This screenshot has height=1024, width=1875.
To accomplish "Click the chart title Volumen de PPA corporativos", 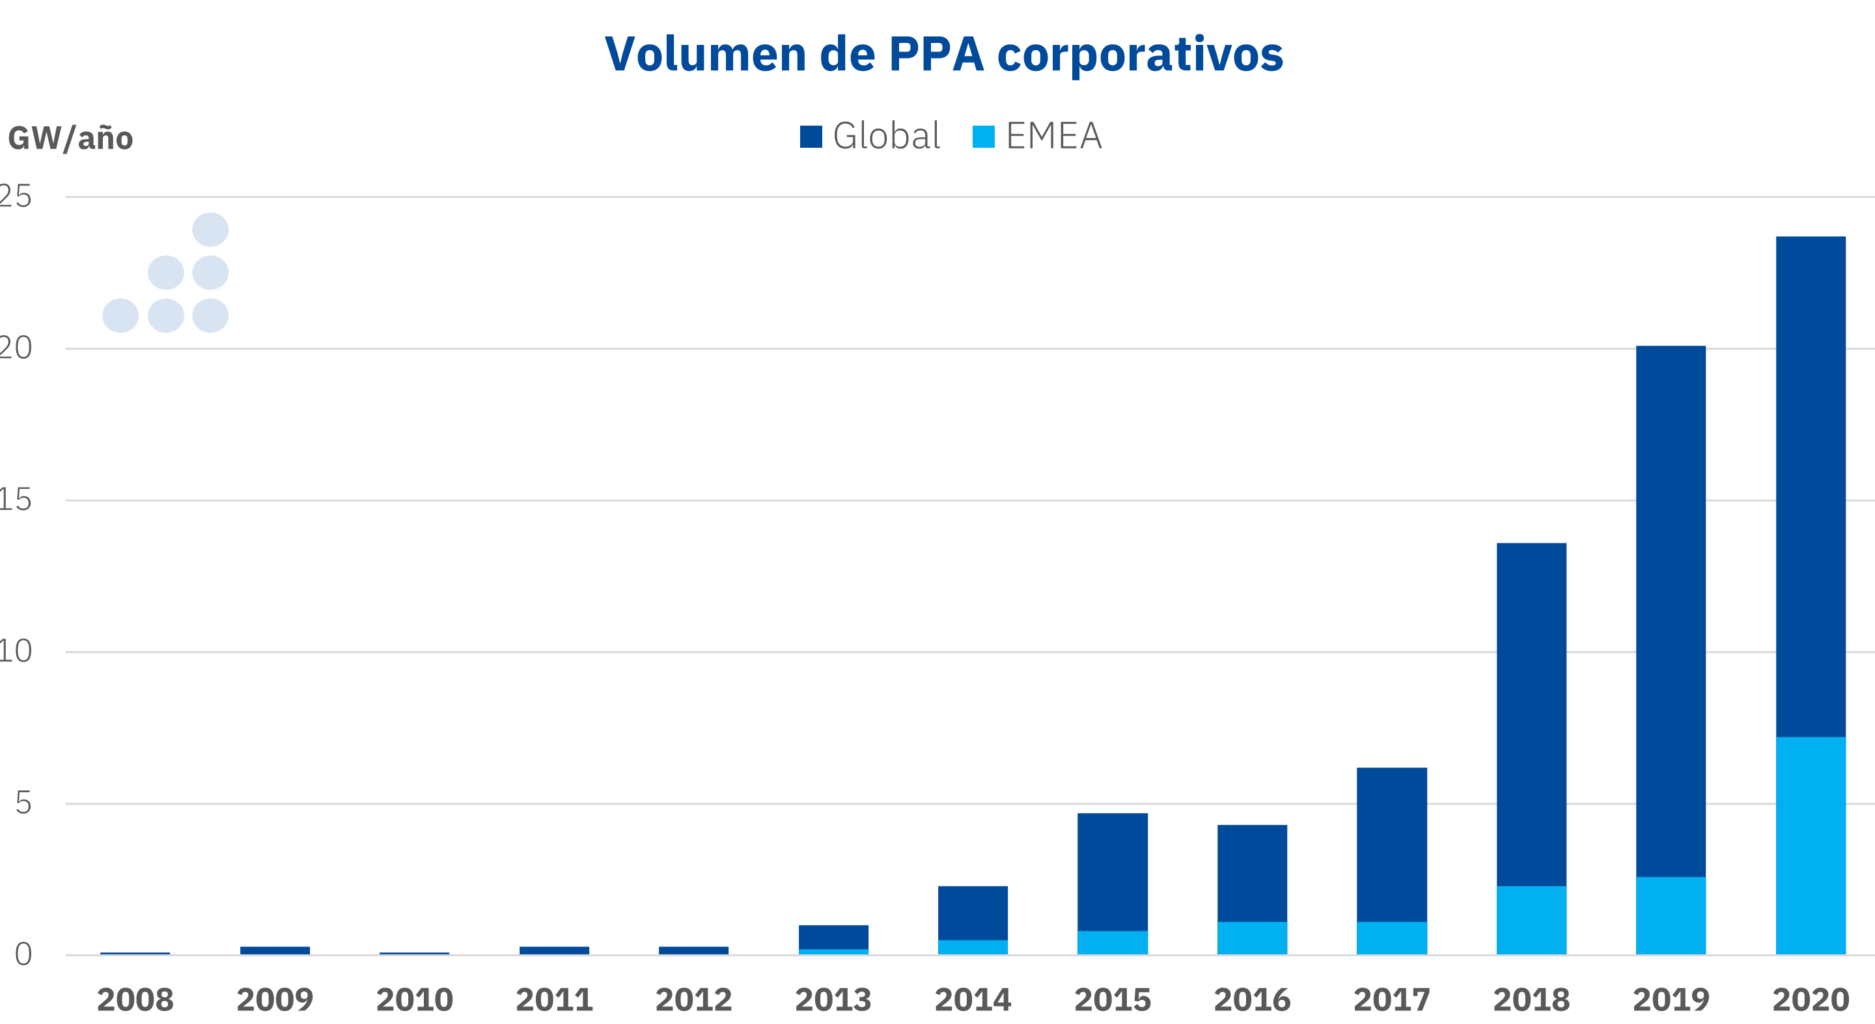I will pos(943,55).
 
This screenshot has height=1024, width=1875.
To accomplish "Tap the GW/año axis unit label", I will pos(70,138).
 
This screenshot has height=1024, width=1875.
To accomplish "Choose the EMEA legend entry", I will pos(1037,136).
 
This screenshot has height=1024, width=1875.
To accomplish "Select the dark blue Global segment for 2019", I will pos(1671,611).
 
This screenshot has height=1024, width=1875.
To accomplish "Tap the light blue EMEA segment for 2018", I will pos(1531,920).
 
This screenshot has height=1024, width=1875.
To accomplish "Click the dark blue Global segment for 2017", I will pos(1391,844).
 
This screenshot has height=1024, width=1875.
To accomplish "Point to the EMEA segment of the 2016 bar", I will pos(1252,938).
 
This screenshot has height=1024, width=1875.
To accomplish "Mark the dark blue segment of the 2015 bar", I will pos(1112,872).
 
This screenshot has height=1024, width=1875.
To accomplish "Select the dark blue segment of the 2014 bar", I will pos(973,913).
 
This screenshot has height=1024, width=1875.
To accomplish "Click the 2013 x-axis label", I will pos(833,1000).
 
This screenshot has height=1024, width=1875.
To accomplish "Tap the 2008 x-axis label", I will pos(135,1000).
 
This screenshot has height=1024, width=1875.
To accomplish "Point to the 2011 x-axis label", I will pos(554,1000).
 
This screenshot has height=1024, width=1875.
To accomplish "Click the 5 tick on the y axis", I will pos(23,803).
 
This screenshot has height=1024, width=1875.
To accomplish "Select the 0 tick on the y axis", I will pos(23,954).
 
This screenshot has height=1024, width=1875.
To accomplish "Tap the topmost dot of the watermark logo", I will pos(210,230).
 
